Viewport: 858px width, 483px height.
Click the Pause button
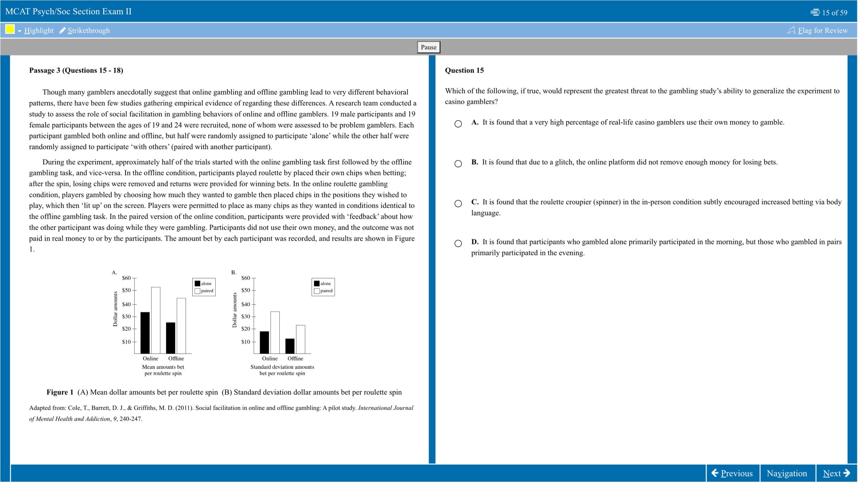(429, 47)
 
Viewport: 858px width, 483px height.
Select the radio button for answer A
(458, 124)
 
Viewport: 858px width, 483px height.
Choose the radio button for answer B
(458, 164)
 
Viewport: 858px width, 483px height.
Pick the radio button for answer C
(458, 204)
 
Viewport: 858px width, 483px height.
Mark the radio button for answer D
(458, 243)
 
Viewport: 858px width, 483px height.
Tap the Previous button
(733, 473)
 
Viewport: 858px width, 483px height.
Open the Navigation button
(787, 473)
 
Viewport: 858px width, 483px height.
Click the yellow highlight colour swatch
(10, 29)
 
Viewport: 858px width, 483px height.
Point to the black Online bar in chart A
(145, 333)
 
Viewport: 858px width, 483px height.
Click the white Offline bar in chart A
(181, 326)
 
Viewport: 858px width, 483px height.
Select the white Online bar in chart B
(275, 332)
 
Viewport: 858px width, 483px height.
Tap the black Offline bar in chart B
(290, 346)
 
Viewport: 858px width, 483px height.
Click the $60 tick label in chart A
(126, 278)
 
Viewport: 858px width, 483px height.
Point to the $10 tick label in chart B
(246, 342)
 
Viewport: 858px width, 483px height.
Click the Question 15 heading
(464, 70)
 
